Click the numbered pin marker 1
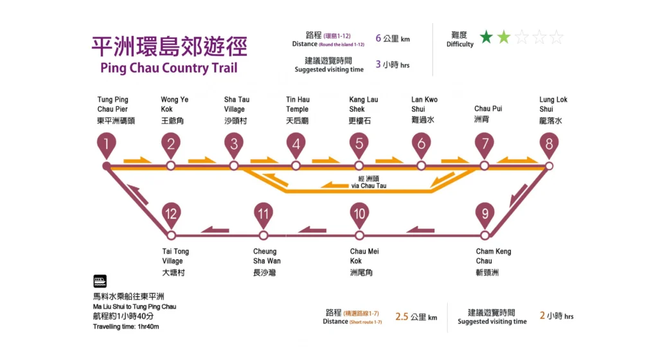(107, 145)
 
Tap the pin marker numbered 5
(359, 145)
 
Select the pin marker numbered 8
(549, 145)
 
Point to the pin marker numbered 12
(170, 213)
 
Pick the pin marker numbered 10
(359, 213)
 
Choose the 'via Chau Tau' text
(368, 186)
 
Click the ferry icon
(100, 281)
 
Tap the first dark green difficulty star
(486, 37)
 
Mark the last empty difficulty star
(556, 37)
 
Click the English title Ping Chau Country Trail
(169, 68)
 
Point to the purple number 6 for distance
(378, 38)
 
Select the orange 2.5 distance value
(402, 316)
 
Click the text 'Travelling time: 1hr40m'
(126, 327)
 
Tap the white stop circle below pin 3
(234, 166)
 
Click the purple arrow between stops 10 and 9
(421, 230)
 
